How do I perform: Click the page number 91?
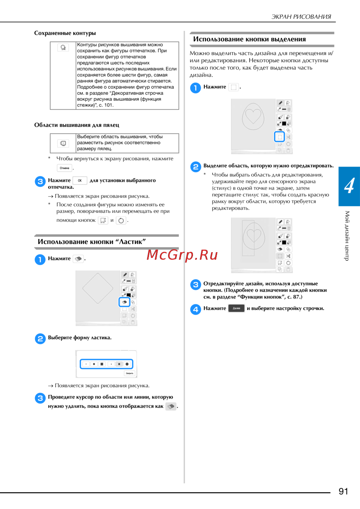pyautogui.click(x=343, y=491)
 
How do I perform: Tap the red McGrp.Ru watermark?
pyautogui.click(x=182, y=255)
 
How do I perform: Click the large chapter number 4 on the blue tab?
pyautogui.click(x=349, y=186)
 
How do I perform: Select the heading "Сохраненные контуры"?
pyautogui.click(x=65, y=33)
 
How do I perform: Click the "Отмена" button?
pyautogui.click(x=64, y=168)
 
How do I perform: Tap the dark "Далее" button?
pyautogui.click(x=236, y=308)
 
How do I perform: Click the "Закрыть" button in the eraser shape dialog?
pyautogui.click(x=129, y=373)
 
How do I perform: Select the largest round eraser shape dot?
pyautogui.click(x=127, y=364)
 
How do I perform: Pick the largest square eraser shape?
pyautogui.click(x=102, y=364)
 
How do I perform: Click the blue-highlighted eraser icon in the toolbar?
pyautogui.click(x=125, y=302)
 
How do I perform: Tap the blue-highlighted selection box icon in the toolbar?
pyautogui.click(x=279, y=137)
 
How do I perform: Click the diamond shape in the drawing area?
pyautogui.click(x=98, y=288)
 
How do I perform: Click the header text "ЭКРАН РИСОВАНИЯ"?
pyautogui.click(x=301, y=17)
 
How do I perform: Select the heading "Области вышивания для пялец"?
pyautogui.click(x=77, y=125)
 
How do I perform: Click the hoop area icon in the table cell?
pyautogui.click(x=63, y=143)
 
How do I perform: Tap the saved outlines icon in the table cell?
pyautogui.click(x=63, y=47)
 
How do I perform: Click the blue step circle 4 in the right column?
pyautogui.click(x=195, y=309)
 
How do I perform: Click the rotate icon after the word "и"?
pyautogui.click(x=121, y=221)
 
